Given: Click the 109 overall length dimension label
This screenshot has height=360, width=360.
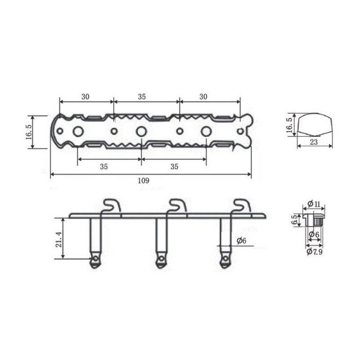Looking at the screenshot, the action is [x=144, y=181].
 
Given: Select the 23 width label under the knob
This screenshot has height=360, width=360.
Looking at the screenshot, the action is [x=314, y=142].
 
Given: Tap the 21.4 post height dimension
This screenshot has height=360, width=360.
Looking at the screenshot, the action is [x=59, y=239].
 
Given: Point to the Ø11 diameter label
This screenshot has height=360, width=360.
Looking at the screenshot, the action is [x=314, y=204].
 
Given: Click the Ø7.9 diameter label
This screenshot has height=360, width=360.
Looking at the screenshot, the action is [x=315, y=252].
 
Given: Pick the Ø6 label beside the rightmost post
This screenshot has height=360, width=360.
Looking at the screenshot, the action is [x=242, y=241].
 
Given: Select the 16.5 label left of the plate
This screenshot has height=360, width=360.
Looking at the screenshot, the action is [x=29, y=132].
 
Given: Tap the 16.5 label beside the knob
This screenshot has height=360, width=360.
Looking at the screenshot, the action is [x=289, y=126].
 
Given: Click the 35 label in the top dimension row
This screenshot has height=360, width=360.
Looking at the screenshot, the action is [x=142, y=97].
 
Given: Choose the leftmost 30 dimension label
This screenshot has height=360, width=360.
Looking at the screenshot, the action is [x=85, y=97].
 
